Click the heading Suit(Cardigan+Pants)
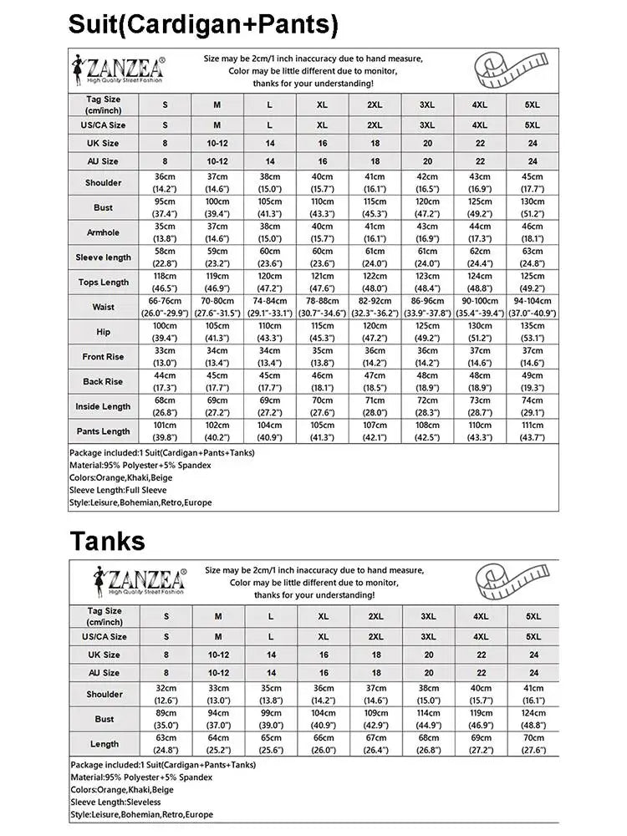click(203, 23)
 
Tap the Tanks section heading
click(107, 541)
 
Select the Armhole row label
click(103, 232)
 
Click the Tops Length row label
click(103, 283)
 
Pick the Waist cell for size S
click(165, 307)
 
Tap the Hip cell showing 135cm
click(533, 331)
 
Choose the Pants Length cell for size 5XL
click(533, 431)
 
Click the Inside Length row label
click(103, 406)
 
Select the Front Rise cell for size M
click(217, 356)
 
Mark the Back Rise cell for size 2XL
click(375, 381)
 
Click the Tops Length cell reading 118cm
click(165, 282)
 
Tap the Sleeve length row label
click(103, 257)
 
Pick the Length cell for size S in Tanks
click(166, 744)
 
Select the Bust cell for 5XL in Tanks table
click(533, 719)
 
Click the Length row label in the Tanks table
click(104, 744)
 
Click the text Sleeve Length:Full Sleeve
click(118, 490)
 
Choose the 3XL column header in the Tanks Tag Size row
click(428, 616)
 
